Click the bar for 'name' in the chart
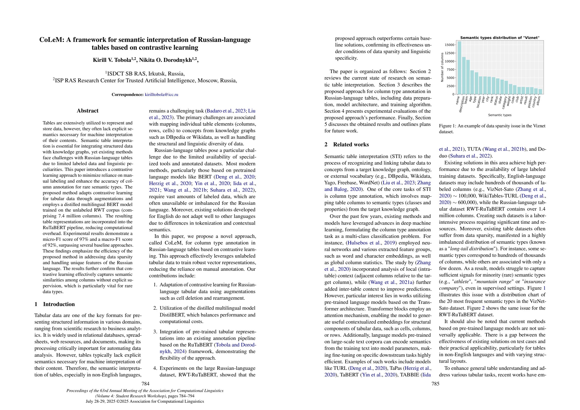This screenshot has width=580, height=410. [x=459, y=68]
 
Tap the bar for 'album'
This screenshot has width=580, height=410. [x=540, y=92]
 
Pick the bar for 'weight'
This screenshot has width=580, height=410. [x=511, y=89]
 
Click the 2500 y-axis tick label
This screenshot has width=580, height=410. [x=450, y=86]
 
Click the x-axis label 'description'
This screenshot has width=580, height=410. [x=462, y=104]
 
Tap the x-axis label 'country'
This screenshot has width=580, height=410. [x=535, y=102]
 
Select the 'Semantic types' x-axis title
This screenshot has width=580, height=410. [x=499, y=115]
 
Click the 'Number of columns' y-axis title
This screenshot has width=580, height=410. [x=442, y=67]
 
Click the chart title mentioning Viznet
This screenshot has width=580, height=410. [x=500, y=38]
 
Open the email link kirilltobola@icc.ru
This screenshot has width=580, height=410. [x=161, y=95]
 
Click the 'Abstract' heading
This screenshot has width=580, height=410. [x=87, y=111]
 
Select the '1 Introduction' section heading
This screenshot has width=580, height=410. [x=55, y=304]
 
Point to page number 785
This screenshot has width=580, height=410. [x=435, y=384]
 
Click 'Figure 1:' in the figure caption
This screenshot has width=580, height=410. [x=447, y=126]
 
